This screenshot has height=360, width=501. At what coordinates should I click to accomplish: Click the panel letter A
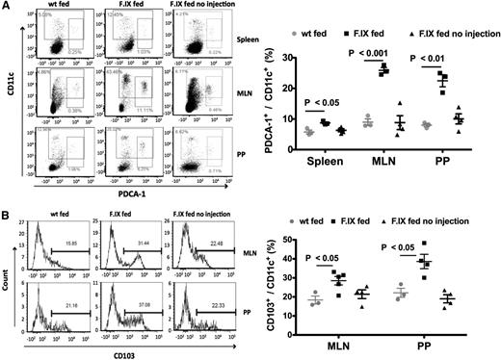tap(6, 7)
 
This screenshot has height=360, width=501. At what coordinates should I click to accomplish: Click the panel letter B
tap(6, 191)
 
